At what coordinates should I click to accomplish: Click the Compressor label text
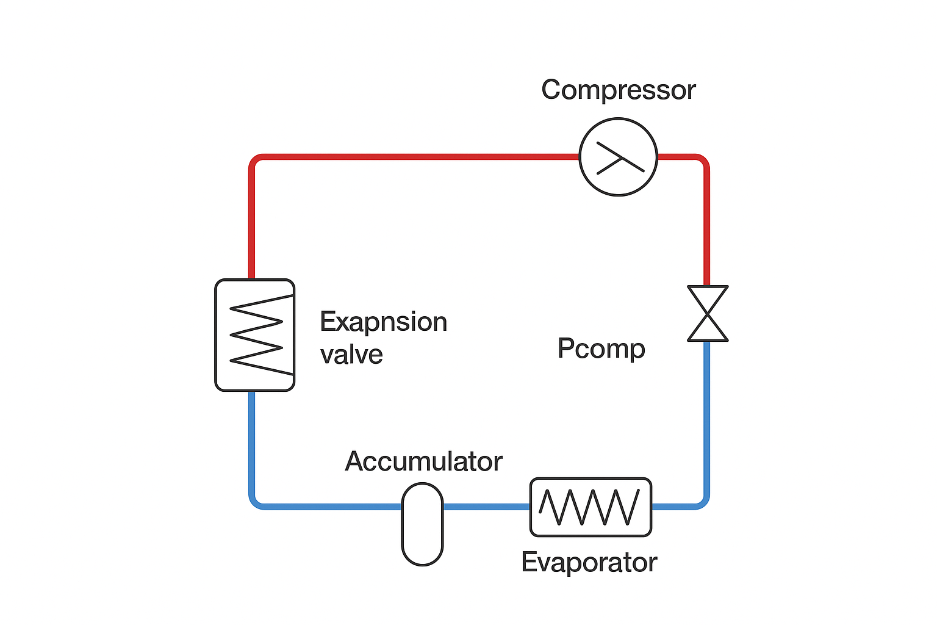pyautogui.click(x=618, y=90)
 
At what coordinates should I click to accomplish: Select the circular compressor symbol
pyautogui.click(x=618, y=157)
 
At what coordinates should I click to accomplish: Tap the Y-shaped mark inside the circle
pyautogui.click(x=619, y=158)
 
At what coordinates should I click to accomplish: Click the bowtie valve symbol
pyautogui.click(x=708, y=313)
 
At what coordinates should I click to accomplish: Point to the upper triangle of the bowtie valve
pyautogui.click(x=708, y=298)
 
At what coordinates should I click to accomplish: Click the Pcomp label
pyautogui.click(x=601, y=349)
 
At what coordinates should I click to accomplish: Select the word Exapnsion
pyautogui.click(x=383, y=322)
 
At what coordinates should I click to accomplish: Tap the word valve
pyautogui.click(x=351, y=355)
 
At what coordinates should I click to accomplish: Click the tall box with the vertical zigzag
pyautogui.click(x=255, y=334)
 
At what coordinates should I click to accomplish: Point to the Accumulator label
pyautogui.click(x=423, y=461)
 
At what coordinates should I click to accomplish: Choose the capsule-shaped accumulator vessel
pyautogui.click(x=422, y=524)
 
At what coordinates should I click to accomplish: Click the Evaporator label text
pyautogui.click(x=589, y=562)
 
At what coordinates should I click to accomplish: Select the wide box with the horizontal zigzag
pyautogui.click(x=591, y=507)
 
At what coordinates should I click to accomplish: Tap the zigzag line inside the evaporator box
pyautogui.click(x=589, y=507)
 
